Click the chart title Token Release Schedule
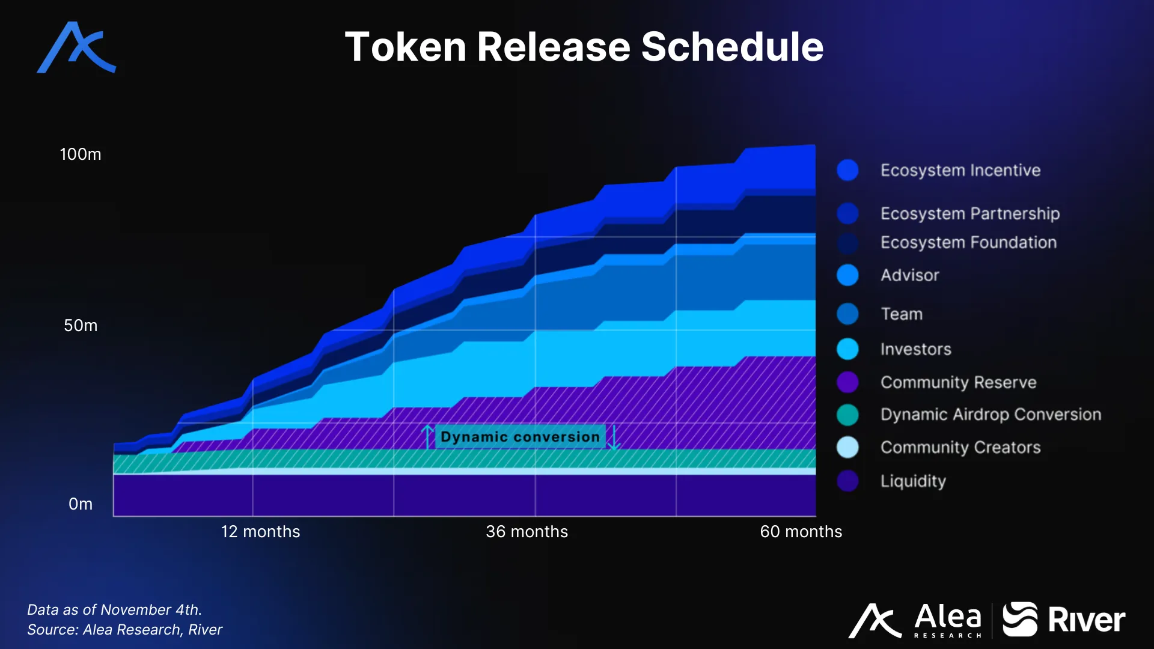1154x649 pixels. (584, 47)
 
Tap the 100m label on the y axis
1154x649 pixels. (81, 154)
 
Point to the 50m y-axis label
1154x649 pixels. (81, 326)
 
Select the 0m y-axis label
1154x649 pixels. (81, 504)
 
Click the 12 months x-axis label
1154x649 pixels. (260, 532)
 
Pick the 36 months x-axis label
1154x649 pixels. (527, 532)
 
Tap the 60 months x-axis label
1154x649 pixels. (801, 532)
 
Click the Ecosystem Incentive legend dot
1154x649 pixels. (847, 170)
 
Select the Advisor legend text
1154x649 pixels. (909, 275)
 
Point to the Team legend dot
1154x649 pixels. (847, 314)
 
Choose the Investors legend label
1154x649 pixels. (915, 349)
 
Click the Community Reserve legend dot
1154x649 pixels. (847, 382)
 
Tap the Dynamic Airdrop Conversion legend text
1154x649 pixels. (991, 415)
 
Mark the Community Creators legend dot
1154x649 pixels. (847, 447)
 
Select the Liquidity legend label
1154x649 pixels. (913, 481)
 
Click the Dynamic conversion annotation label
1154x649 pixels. (520, 437)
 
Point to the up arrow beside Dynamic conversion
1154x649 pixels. (427, 436)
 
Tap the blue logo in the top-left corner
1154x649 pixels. (76, 47)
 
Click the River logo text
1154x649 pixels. (1086, 620)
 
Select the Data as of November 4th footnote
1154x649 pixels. (114, 609)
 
